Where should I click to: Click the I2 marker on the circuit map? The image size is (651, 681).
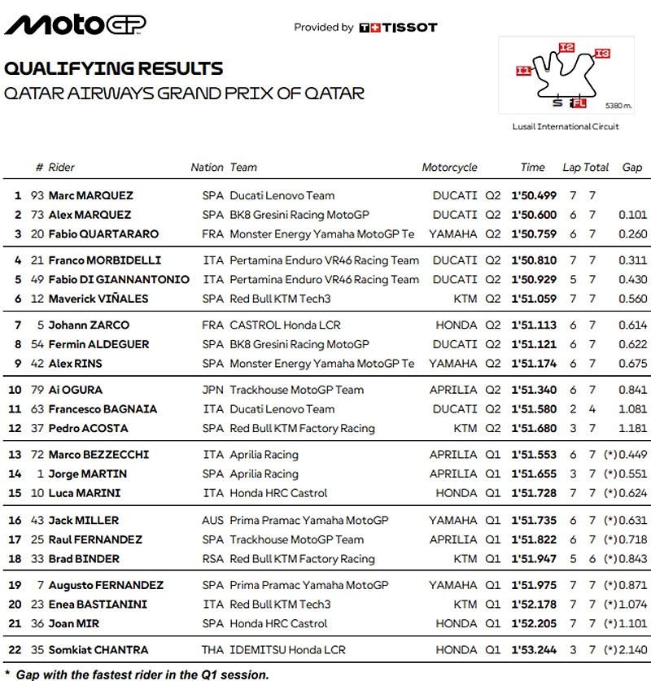coord(567,47)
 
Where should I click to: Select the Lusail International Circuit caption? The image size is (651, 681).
coord(566,126)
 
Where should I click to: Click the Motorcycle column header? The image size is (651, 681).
coord(449,168)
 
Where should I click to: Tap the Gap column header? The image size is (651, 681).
coord(631,168)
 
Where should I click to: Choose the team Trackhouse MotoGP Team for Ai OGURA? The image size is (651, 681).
coord(297,390)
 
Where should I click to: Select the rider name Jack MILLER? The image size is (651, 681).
coord(84,520)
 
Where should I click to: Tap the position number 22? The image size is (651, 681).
coord(15,650)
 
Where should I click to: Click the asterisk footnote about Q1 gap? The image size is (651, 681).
coord(137,674)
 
